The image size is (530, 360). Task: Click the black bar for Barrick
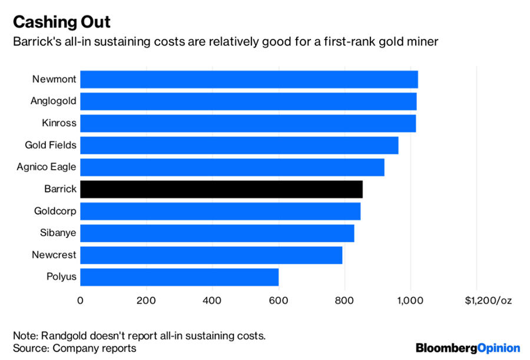pos(221,189)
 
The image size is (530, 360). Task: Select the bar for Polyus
pos(179,276)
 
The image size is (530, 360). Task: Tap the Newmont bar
pos(249,80)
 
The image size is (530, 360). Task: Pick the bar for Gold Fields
pos(238,145)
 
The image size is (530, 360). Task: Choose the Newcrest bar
pos(211,255)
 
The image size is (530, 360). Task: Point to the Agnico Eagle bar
pos(232,167)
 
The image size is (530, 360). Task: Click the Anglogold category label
pos(53,101)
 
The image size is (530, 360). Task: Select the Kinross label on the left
pos(59,123)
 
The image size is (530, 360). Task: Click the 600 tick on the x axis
pos(279,300)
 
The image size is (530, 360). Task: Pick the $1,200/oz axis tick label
pos(488,300)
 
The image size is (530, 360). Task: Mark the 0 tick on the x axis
pos(80,300)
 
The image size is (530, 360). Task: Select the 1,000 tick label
pos(410,300)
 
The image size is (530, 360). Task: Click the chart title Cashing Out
pos(62,22)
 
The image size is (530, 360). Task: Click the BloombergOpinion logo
pos(468,348)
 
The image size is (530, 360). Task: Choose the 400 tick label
pos(212,300)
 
